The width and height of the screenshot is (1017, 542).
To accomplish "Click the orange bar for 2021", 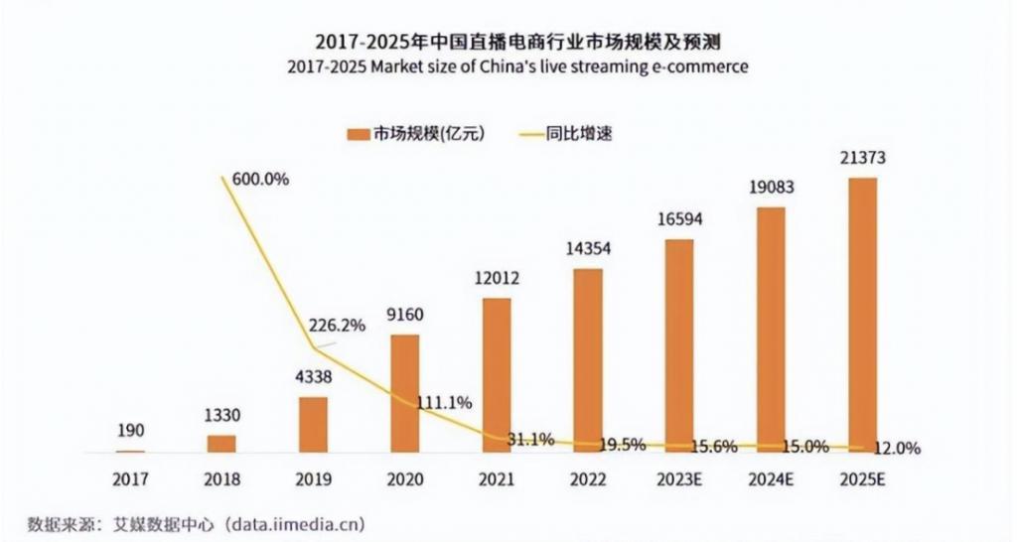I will [497, 374].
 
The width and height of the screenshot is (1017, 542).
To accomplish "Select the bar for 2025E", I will [863, 315].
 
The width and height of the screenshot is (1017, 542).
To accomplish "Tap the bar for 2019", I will [313, 424].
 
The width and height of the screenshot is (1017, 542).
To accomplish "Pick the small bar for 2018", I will [221, 443].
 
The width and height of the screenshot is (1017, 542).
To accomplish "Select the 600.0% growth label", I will [260, 180].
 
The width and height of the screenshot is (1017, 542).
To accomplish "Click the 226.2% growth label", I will [339, 323].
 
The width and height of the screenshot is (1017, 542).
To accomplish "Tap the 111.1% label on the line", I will [444, 403].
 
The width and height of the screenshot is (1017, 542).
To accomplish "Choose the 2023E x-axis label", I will [680, 479].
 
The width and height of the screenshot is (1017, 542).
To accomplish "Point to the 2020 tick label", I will [404, 479].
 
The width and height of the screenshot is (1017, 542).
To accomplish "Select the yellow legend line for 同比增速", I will [529, 133].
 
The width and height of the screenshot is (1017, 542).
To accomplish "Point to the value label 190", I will [130, 431].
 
